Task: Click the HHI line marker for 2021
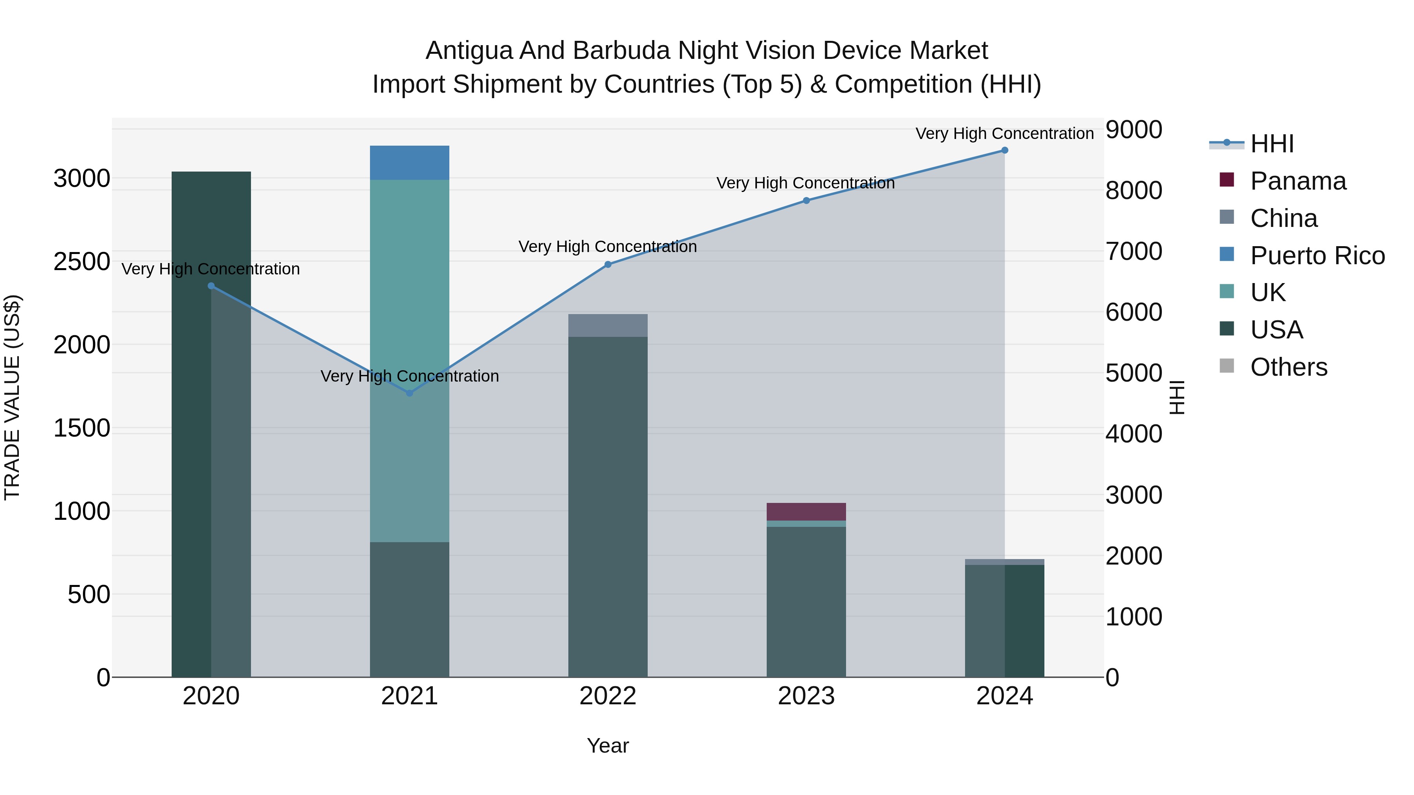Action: (410, 393)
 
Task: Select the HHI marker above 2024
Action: (1004, 150)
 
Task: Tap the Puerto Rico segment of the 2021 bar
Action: (410, 163)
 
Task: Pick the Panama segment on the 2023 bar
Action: (806, 511)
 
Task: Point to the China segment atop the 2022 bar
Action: (608, 325)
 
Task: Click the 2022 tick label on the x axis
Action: (608, 696)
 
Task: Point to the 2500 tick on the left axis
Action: (82, 262)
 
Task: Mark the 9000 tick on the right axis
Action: (1134, 130)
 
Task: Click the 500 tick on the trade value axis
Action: (89, 594)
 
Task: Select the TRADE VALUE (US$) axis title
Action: (12, 397)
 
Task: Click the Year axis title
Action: (608, 746)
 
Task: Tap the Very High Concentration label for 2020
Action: (211, 269)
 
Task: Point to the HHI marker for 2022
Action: (608, 265)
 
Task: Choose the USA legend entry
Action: (1276, 330)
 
